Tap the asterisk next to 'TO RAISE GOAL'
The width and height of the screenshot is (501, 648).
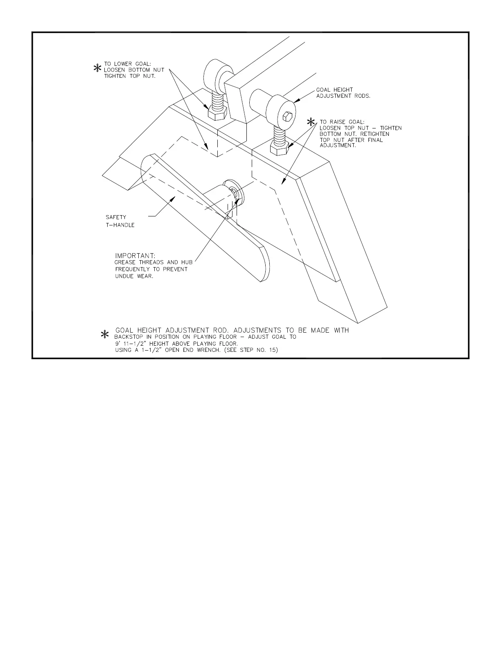pos(312,122)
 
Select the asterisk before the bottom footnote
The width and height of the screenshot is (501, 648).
pos(105,335)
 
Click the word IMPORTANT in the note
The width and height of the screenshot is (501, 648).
pos(135,256)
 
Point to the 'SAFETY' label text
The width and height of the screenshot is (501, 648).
pos(116,217)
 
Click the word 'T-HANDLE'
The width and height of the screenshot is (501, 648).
pos(120,225)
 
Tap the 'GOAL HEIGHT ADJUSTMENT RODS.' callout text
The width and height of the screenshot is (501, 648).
pos(343,93)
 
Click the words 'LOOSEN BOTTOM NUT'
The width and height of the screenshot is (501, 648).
pos(134,70)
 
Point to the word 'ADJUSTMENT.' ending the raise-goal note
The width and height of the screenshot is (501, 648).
pos(338,146)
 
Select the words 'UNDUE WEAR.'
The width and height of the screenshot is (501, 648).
pos(134,276)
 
